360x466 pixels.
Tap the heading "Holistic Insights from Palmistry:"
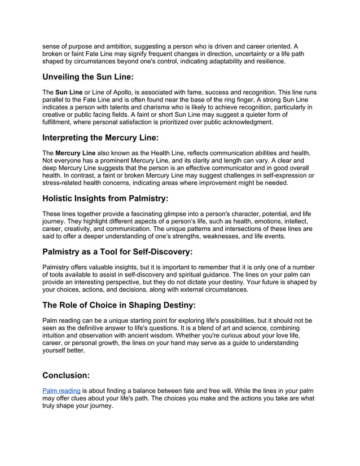105,198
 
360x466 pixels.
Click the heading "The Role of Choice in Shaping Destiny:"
119,305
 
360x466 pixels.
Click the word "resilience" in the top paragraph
267,60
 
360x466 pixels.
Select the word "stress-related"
64,183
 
